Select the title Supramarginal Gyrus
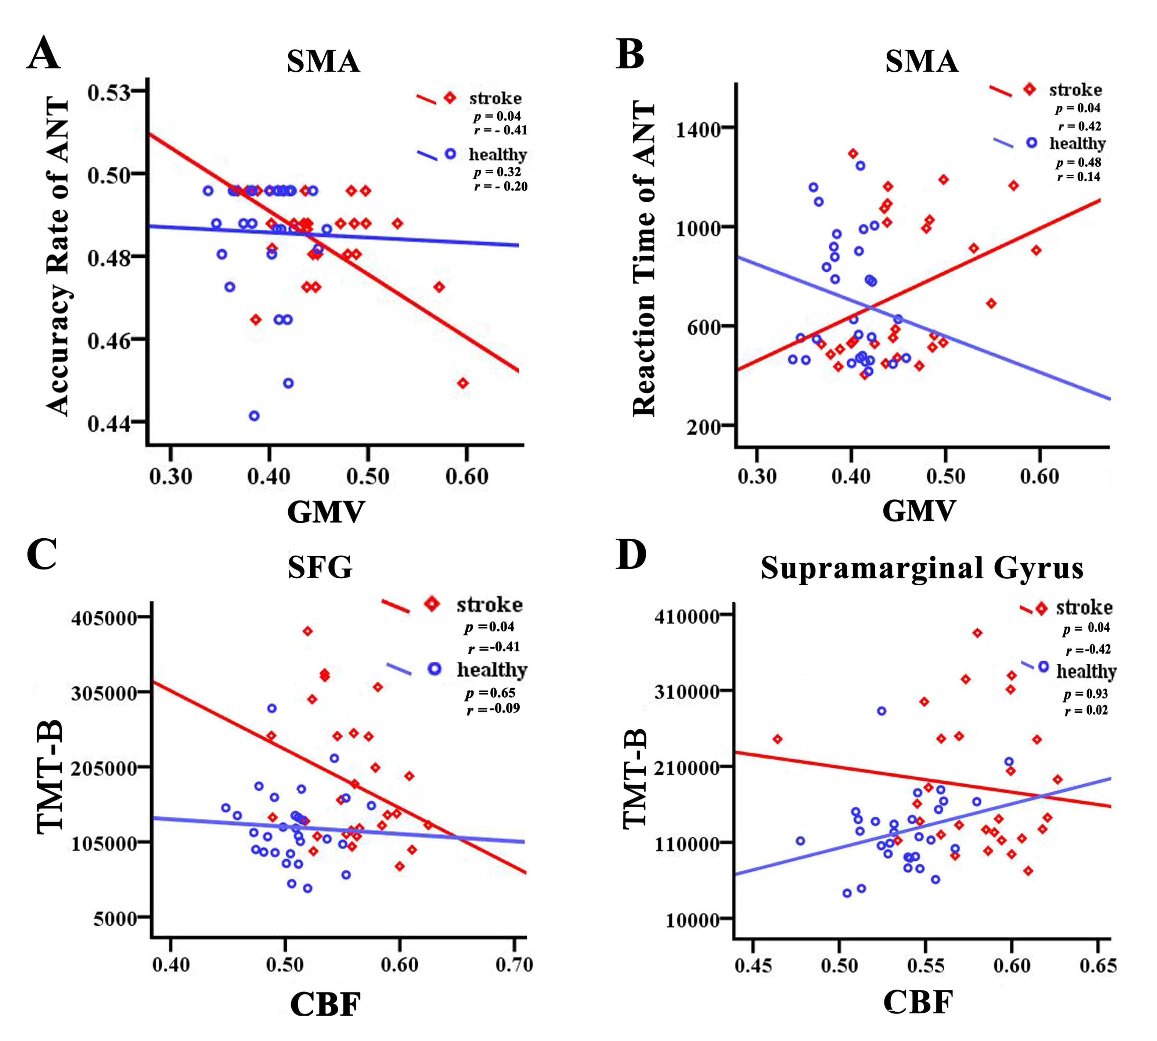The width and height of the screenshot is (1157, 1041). pyautogui.click(x=921, y=568)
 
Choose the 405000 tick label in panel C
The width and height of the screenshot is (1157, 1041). pyautogui.click(x=105, y=618)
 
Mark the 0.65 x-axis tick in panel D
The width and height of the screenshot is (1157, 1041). pyautogui.click(x=1097, y=965)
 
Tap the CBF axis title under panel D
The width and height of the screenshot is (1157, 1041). pyautogui.click(x=918, y=1002)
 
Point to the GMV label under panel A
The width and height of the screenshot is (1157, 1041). pyautogui.click(x=325, y=512)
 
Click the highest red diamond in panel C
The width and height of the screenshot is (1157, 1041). pyautogui.click(x=308, y=631)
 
